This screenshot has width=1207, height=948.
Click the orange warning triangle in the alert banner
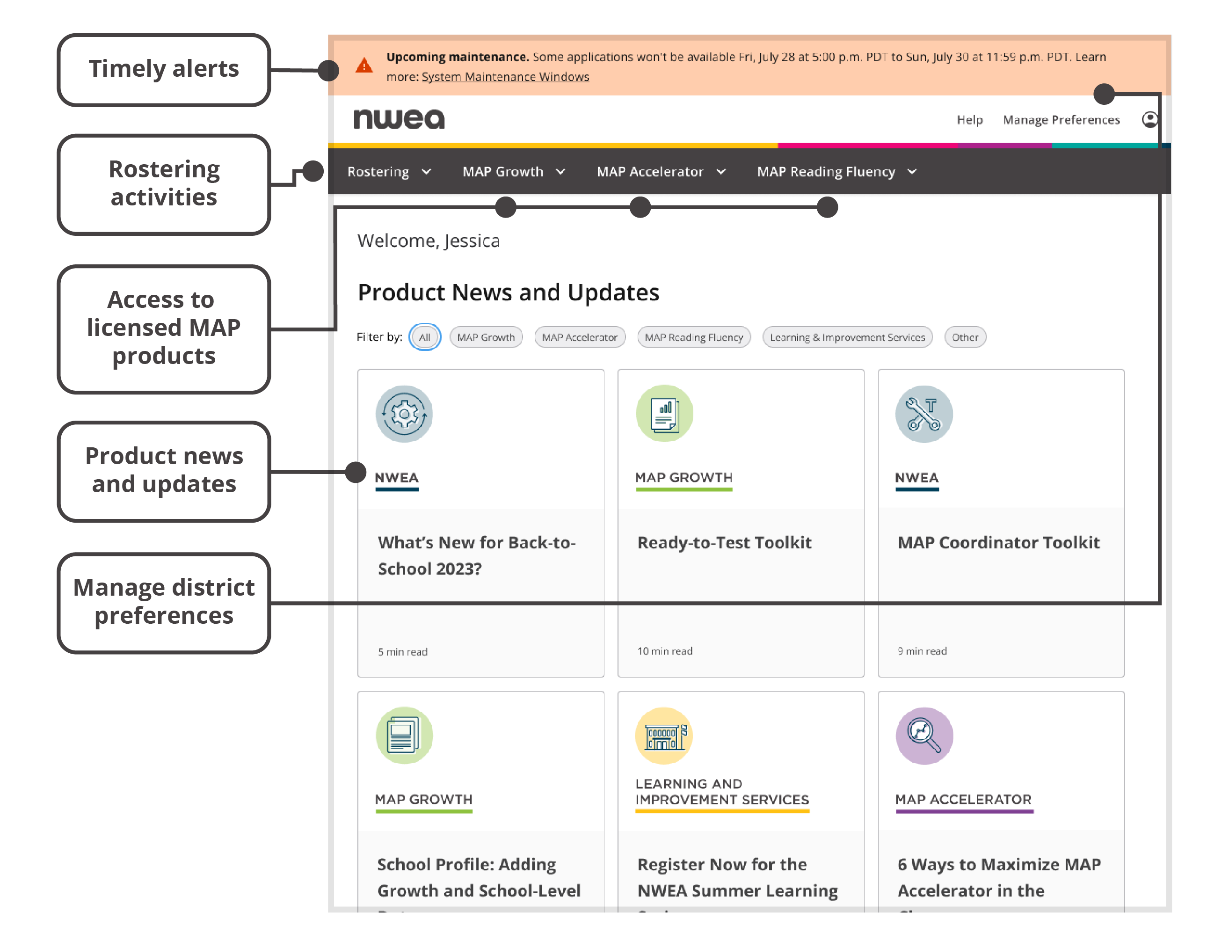[364, 66]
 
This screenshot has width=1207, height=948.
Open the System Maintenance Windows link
[505, 77]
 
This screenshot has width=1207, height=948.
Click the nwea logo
[399, 119]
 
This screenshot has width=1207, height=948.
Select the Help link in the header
[969, 120]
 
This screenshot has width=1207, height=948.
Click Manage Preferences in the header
[1061, 120]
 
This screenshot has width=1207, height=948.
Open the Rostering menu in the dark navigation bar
[388, 172]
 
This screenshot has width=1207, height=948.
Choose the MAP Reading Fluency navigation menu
[836, 172]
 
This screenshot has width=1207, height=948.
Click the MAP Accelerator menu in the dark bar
[661, 172]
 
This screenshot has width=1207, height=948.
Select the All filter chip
[424, 337]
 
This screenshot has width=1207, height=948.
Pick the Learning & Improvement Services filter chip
[847, 337]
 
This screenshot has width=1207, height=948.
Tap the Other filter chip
[965, 337]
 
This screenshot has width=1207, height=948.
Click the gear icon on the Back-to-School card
[404, 414]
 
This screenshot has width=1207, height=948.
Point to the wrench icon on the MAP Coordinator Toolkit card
[923, 414]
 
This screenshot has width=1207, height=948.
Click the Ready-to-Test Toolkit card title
[724, 542]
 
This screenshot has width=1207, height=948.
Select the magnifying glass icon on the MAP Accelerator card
[924, 736]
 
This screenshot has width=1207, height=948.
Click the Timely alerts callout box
[164, 69]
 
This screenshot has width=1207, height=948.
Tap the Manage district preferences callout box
[164, 602]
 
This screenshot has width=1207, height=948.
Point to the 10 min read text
[664, 650]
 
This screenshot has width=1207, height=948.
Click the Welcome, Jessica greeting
[429, 241]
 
